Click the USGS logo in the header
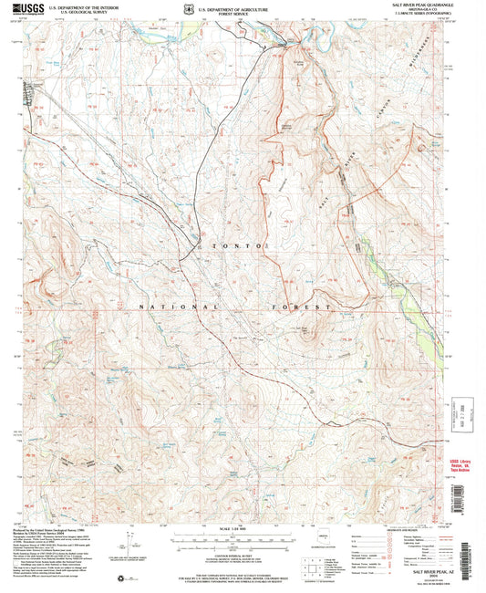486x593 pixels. pos(28,9)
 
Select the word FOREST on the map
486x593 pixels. pos(293,307)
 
